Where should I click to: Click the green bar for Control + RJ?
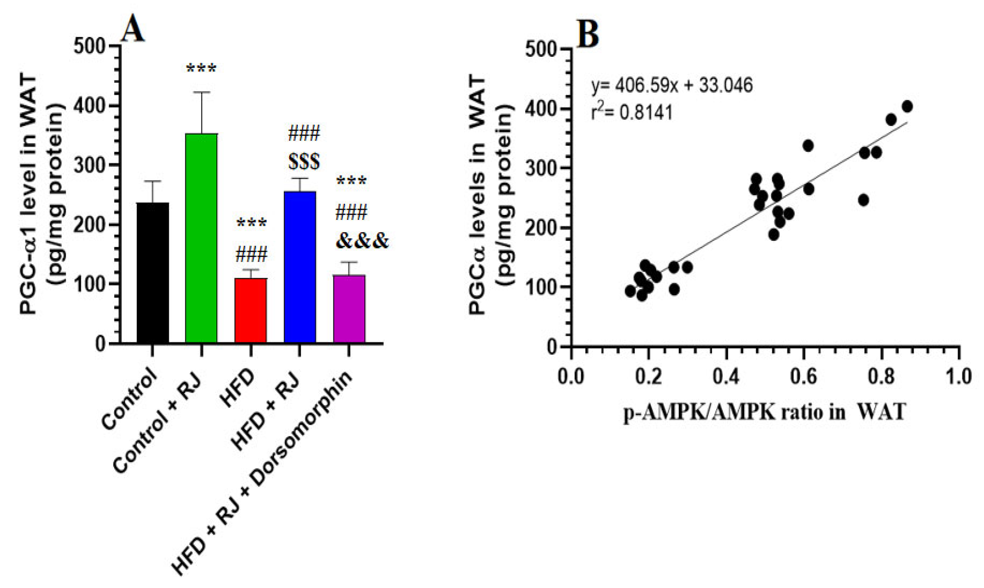point(201,238)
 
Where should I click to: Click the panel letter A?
point(132,30)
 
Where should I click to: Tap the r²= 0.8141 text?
point(632,113)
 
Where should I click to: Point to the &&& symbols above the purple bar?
point(362,241)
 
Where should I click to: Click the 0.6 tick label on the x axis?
point(803,376)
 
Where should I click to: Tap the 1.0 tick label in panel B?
point(958,376)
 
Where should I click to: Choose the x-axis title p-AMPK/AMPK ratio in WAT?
point(765,412)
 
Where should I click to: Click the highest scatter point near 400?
point(907,107)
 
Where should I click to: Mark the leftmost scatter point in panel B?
point(630,291)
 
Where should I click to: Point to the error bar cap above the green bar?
point(201,92)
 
